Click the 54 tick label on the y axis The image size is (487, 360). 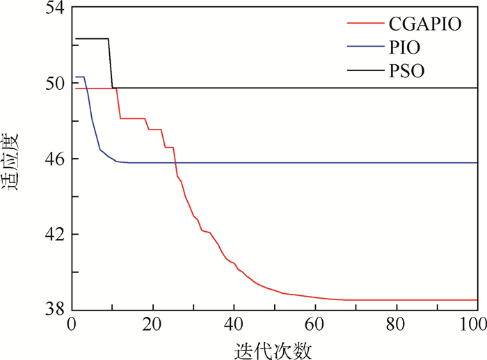(54, 8)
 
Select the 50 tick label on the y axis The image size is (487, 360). (54, 83)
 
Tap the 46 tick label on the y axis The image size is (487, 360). (54, 158)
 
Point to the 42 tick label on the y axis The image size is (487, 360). (54, 233)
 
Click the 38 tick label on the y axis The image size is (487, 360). (54, 308)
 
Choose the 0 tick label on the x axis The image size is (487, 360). (72, 324)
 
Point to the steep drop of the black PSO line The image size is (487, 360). (111, 63)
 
